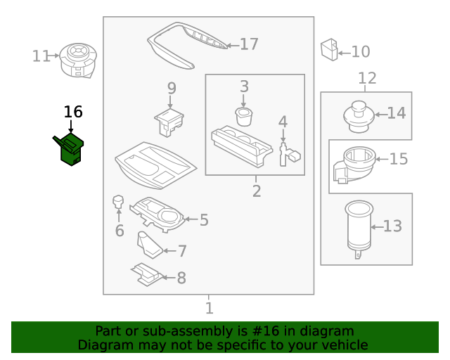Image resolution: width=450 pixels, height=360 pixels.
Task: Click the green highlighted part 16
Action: [70, 150]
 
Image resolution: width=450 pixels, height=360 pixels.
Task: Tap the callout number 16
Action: [73, 112]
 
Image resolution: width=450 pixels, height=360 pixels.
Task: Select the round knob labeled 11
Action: [77, 58]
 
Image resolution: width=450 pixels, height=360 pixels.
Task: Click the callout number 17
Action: [249, 45]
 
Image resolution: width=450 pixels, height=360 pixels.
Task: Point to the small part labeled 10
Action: [328, 49]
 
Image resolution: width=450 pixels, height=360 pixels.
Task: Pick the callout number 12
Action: [367, 79]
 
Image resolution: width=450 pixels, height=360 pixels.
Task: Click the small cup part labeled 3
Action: [243, 115]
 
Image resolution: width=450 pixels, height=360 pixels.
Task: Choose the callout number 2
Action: [256, 191]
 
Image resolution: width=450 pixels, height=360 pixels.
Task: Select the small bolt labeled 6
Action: [118, 203]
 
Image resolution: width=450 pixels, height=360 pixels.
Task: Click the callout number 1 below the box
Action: [209, 308]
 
